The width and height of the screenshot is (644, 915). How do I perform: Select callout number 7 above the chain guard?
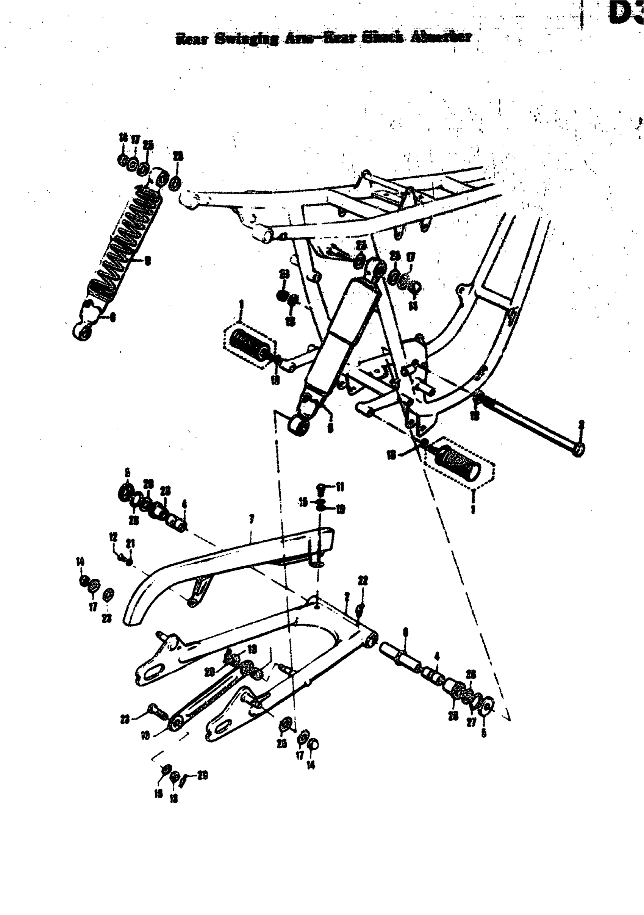click(x=252, y=518)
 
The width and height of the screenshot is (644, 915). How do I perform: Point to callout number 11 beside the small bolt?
click(x=340, y=486)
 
